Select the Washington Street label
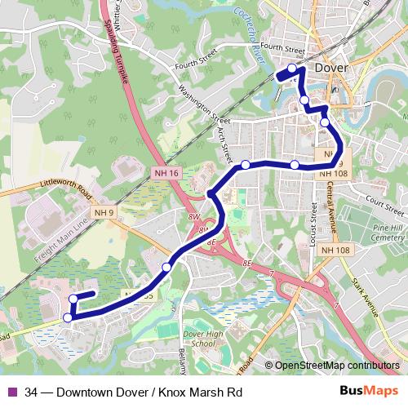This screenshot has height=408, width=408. (200, 104)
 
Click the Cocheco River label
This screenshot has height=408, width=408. (251, 42)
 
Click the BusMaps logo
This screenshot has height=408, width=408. (374, 392)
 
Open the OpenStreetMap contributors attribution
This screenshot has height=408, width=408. (335, 366)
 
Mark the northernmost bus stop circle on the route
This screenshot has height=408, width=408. (293, 68)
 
